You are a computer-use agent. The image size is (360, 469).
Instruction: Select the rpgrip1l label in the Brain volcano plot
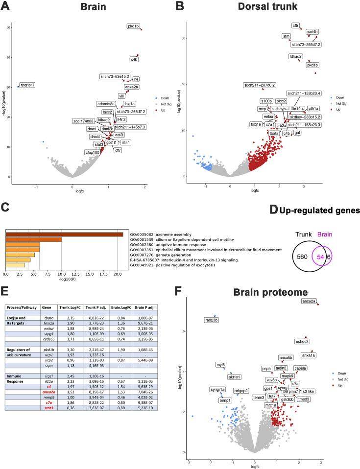click(27, 85)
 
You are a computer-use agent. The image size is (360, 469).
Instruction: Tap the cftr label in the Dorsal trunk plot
click(296, 25)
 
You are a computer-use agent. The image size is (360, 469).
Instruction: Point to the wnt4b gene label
click(312, 32)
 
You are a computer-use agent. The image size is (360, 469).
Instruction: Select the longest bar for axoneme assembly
click(64, 235)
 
